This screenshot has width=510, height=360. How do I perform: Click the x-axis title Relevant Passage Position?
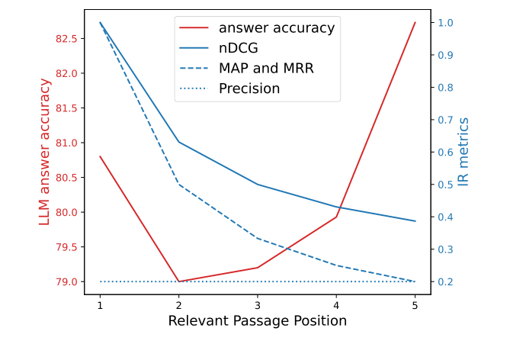258,321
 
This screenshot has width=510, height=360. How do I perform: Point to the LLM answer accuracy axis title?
46,152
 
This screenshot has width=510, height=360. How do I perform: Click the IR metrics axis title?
463,152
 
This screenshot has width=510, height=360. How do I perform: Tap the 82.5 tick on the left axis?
69,38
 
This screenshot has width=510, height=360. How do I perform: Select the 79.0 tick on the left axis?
69,281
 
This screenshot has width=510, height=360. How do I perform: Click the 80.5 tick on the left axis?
69,177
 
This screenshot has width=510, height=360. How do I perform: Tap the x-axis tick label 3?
258,304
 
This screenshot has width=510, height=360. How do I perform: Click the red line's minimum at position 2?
179,281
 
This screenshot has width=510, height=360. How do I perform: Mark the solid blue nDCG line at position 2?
179,142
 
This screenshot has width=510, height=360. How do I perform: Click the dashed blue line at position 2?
179,185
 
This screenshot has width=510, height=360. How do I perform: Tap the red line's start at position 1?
100,156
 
